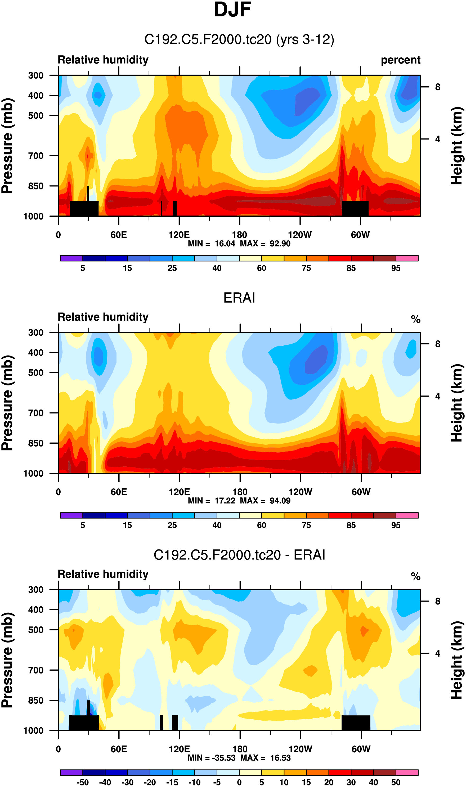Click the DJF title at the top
click(x=232, y=10)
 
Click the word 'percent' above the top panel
click(x=400, y=60)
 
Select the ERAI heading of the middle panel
click(x=239, y=298)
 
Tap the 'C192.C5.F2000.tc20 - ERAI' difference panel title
click(x=239, y=555)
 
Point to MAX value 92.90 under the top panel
click(x=280, y=244)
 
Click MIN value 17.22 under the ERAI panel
click(x=225, y=501)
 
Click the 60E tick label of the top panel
click(x=119, y=235)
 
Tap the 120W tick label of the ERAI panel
click(x=300, y=492)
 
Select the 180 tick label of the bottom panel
click(x=240, y=749)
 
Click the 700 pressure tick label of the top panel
click(x=36, y=156)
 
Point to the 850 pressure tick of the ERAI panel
click(x=36, y=443)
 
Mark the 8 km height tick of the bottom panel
click(x=437, y=601)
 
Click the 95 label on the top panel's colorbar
click(x=396, y=268)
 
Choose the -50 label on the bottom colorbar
click(x=83, y=782)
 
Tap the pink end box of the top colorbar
click(x=407, y=258)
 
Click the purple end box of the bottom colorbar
click(x=71, y=772)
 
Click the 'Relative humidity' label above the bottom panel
click(x=103, y=574)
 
